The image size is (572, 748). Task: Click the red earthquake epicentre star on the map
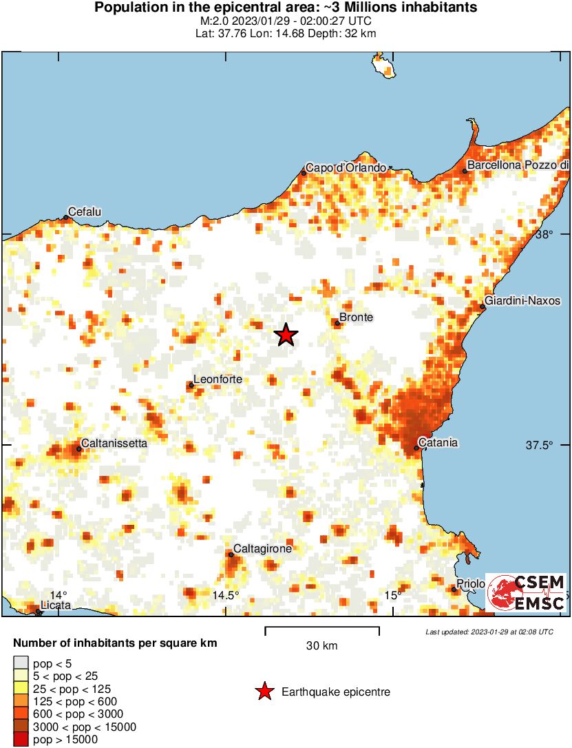286,335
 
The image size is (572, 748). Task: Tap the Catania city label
440,443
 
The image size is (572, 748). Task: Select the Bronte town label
357,318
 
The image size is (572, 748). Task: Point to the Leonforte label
217,379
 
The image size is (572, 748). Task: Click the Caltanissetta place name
114,444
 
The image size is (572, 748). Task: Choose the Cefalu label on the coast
85,212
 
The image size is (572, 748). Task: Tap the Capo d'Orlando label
346,167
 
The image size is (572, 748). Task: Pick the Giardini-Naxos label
522,301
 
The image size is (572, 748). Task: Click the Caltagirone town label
263,549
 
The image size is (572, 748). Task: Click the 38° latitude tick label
545,235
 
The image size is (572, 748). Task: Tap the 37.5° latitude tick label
540,446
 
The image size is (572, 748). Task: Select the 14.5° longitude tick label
226,595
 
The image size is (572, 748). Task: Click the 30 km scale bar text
322,645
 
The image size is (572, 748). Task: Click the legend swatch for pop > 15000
21,740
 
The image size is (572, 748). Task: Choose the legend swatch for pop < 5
21,663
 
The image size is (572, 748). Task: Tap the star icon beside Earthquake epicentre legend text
264,692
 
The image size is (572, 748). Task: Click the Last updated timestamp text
489,632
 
